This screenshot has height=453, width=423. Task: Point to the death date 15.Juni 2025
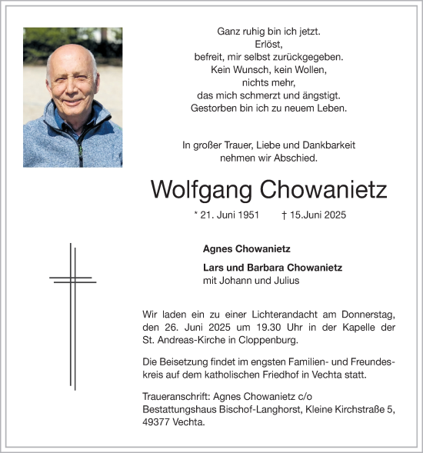pos(318,215)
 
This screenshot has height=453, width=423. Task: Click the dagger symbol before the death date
pos(285,215)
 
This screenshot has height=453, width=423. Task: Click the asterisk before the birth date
pos(197,215)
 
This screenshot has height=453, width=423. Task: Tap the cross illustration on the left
pos(72,315)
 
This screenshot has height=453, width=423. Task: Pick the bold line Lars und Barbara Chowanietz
pos(272,268)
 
